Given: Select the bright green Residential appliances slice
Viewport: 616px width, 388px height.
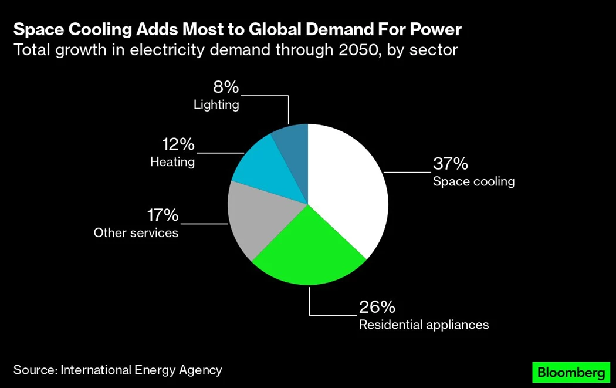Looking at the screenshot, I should click(308, 252).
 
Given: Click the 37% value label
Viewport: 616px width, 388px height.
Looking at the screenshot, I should click(450, 163).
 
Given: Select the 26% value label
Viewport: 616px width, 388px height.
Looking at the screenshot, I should click(377, 307).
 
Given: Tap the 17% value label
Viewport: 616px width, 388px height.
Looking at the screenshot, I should click(162, 215).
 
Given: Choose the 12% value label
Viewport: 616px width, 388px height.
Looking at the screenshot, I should click(178, 144).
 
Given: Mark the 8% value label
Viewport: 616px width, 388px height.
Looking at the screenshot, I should click(226, 87).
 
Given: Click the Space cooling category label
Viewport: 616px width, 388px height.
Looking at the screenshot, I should click(473, 181).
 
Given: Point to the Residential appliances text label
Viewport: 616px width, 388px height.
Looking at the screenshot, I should click(424, 325).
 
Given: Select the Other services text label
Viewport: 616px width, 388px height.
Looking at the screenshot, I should click(136, 233).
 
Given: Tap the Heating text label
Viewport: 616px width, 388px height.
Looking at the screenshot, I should click(172, 162).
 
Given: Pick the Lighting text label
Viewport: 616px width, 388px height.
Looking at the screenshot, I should click(216, 105).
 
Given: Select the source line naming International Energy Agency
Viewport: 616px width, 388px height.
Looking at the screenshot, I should click(118, 370).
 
